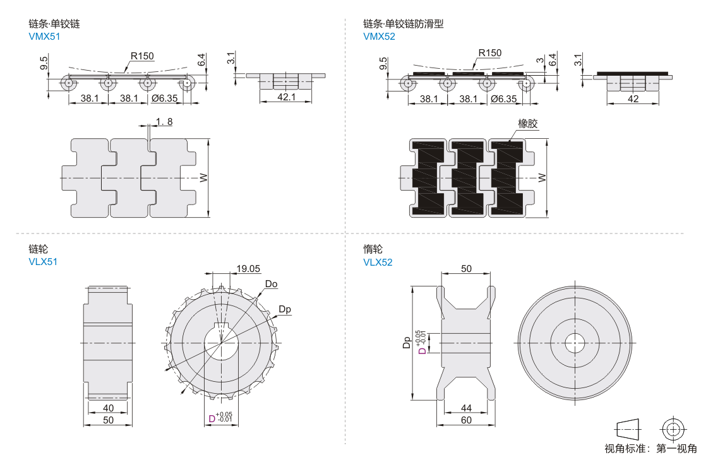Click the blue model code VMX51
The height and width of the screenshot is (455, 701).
pos(44,37)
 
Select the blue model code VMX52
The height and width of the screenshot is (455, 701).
pos(379,37)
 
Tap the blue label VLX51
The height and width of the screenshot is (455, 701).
pos(43,262)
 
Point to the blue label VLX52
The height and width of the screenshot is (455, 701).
pos(378,262)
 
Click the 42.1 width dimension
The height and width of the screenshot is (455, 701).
pos(287,97)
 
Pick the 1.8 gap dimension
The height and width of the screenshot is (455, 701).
pos(163,121)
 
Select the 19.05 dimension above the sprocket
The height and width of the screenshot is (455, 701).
pos(248,269)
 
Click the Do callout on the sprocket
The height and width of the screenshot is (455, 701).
pos(271,284)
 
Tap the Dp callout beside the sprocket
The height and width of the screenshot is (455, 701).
pos(285,309)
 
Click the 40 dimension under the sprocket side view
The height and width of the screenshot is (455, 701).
pos(108,408)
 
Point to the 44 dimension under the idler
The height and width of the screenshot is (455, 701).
pos(466,408)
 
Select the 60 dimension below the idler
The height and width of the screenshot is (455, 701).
pos(466,420)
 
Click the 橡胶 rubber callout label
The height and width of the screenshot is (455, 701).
pos(528,124)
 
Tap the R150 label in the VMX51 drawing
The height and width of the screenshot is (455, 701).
pos(142,56)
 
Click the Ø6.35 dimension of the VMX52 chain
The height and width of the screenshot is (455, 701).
pos(503,98)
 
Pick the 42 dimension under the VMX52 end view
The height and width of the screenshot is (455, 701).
pos(633,98)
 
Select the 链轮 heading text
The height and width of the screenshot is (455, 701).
pos(38,249)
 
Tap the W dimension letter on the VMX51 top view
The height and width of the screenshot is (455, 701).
pos(203,179)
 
